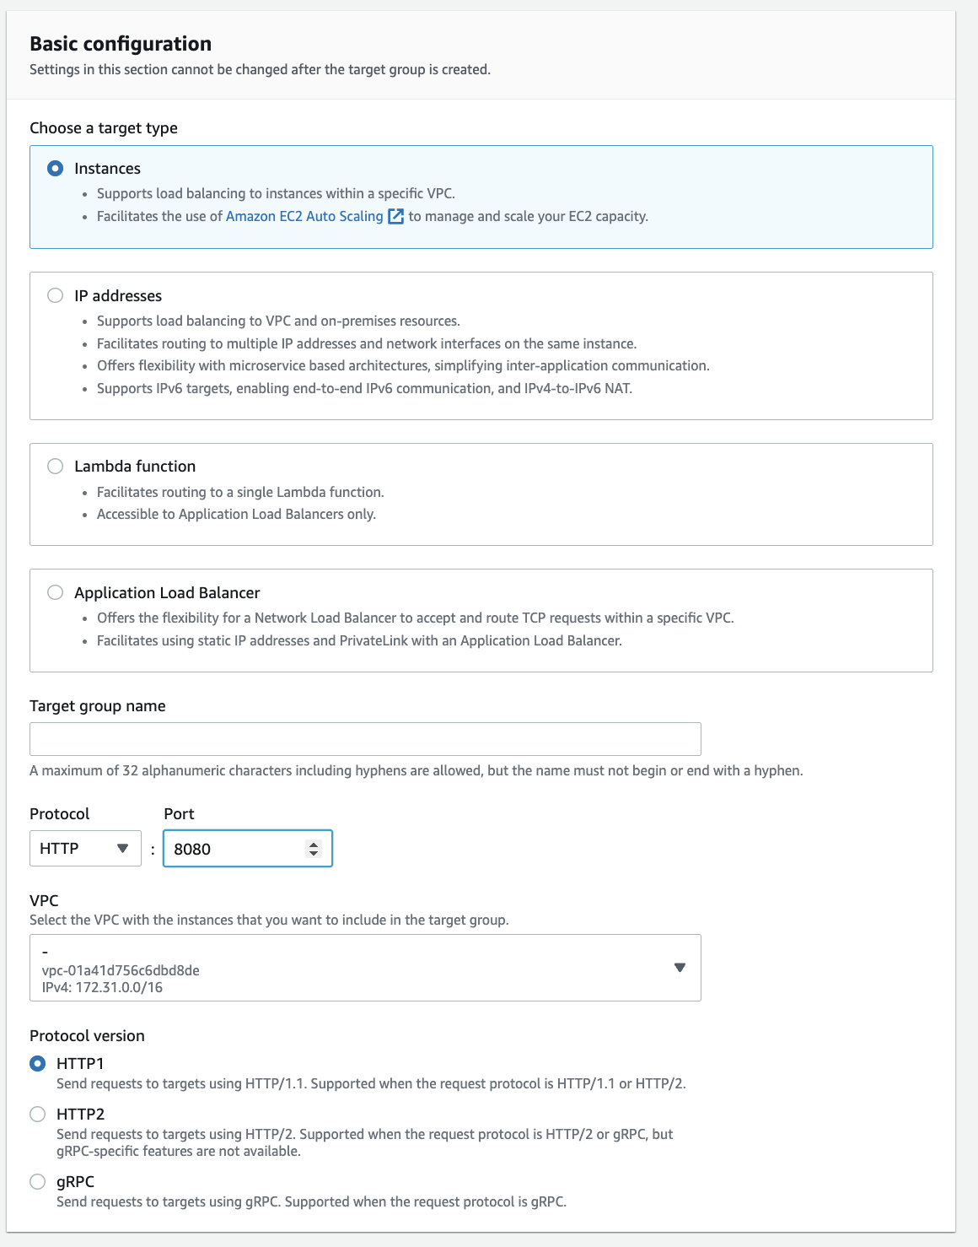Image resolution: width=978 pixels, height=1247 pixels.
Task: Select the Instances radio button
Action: (x=56, y=169)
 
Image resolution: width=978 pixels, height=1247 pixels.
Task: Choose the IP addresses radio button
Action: (x=56, y=295)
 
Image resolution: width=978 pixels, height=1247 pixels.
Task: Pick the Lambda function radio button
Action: (x=56, y=467)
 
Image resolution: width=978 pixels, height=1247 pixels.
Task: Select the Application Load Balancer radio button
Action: (x=56, y=592)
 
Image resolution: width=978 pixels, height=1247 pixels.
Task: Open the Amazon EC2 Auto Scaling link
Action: (x=304, y=216)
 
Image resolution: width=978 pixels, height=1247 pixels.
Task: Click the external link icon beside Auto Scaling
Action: (x=395, y=216)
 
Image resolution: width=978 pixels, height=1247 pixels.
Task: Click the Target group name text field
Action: (x=365, y=739)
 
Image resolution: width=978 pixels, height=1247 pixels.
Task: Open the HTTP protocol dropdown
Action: (x=85, y=848)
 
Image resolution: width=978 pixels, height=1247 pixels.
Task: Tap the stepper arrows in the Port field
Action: (x=314, y=849)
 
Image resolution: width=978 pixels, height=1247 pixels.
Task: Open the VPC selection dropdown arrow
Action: (x=680, y=968)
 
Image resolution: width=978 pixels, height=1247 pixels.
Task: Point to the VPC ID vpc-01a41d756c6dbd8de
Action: (x=121, y=970)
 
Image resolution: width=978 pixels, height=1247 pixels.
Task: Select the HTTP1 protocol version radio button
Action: (x=38, y=1063)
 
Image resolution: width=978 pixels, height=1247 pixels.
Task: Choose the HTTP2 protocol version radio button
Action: (x=38, y=1114)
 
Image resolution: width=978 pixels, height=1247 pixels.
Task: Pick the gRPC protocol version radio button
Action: (x=38, y=1181)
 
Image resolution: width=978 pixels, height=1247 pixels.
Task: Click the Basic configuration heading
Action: (x=121, y=44)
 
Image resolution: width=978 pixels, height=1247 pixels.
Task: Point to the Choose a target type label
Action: (x=104, y=128)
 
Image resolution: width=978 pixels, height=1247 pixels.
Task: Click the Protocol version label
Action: (x=87, y=1036)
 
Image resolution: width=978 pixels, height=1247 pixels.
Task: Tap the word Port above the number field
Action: (x=179, y=814)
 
